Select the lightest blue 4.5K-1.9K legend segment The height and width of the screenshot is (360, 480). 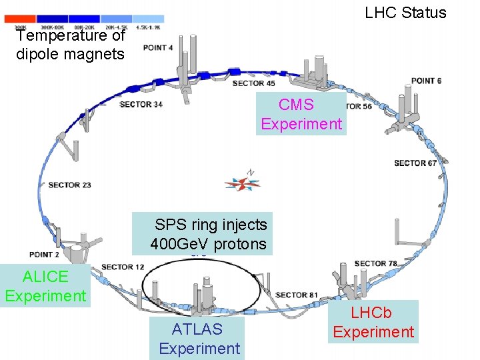[149, 18]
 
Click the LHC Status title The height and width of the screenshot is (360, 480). [405, 13]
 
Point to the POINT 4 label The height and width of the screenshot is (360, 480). [158, 48]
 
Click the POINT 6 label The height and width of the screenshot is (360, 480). [426, 81]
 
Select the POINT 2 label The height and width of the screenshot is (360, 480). [44, 255]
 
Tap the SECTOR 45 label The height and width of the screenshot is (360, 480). [253, 83]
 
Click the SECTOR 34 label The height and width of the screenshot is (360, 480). [141, 105]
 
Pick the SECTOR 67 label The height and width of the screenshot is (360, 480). [415, 163]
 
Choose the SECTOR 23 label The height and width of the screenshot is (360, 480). [69, 185]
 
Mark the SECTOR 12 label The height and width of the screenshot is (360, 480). [123, 267]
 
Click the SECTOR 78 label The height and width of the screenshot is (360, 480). [375, 264]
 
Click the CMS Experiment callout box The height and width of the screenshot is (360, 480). [301, 114]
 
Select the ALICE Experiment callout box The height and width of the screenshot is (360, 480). [45, 286]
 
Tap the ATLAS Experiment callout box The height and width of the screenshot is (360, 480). [198, 338]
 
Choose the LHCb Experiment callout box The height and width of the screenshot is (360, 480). [373, 322]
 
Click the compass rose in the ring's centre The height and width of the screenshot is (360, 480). [243, 183]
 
